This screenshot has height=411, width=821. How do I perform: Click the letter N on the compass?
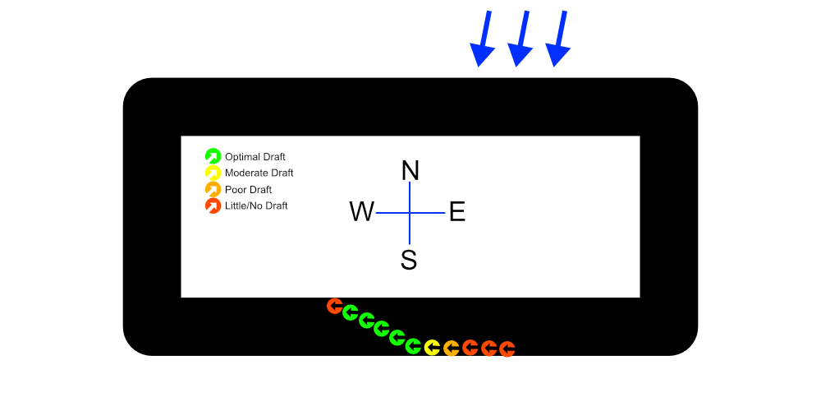coord(410,170)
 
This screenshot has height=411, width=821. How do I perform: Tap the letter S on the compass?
coord(409,260)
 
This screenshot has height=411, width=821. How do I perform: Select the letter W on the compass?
coord(362,212)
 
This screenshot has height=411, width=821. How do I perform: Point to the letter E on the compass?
coord(457,212)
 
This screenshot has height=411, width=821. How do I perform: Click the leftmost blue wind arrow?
coord(484,39)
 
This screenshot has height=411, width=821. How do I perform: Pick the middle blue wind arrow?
coord(521,39)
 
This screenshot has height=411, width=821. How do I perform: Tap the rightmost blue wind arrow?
coord(560,39)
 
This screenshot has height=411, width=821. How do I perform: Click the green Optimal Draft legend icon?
coord(213,156)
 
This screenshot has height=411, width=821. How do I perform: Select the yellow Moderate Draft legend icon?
coord(213,173)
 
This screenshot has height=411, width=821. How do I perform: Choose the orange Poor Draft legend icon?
coord(213,189)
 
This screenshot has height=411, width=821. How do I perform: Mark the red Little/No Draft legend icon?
coord(213,205)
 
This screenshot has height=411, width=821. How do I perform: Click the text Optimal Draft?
coord(255,157)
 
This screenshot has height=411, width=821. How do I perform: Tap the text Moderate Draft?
coord(259,173)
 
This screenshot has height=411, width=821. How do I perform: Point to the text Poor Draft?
coord(248,190)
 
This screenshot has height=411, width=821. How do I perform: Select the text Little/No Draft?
coord(256,205)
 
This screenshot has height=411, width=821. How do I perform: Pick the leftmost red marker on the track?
coord(334,306)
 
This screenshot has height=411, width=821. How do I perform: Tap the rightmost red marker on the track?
coord(507,349)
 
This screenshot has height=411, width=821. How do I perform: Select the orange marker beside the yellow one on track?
coord(451,349)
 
